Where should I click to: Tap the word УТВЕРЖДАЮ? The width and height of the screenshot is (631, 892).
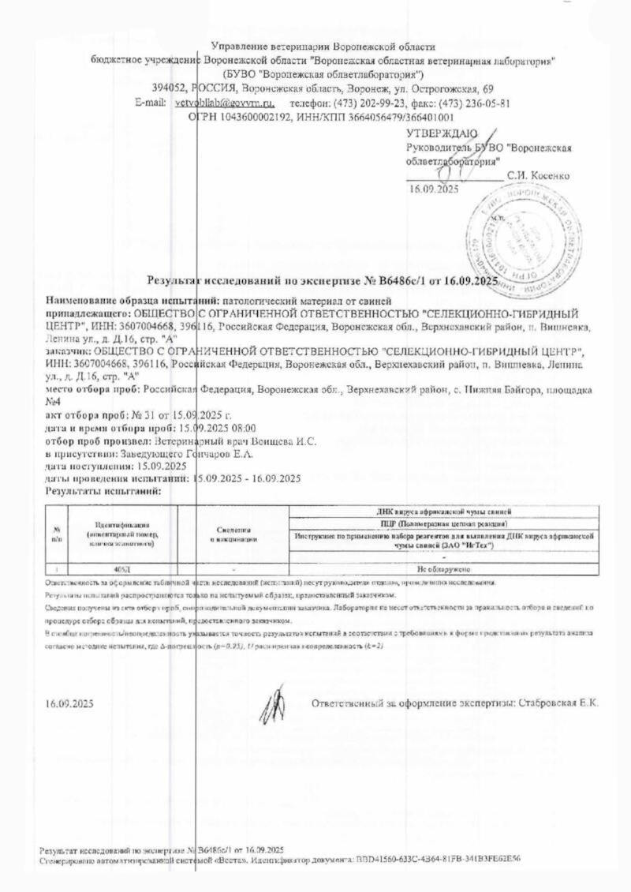[x=441, y=133]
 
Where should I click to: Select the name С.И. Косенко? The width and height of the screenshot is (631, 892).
[x=540, y=175]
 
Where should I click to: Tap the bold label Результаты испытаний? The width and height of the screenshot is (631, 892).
[x=103, y=490]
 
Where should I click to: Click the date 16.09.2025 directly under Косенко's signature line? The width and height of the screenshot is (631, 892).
[x=433, y=189]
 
